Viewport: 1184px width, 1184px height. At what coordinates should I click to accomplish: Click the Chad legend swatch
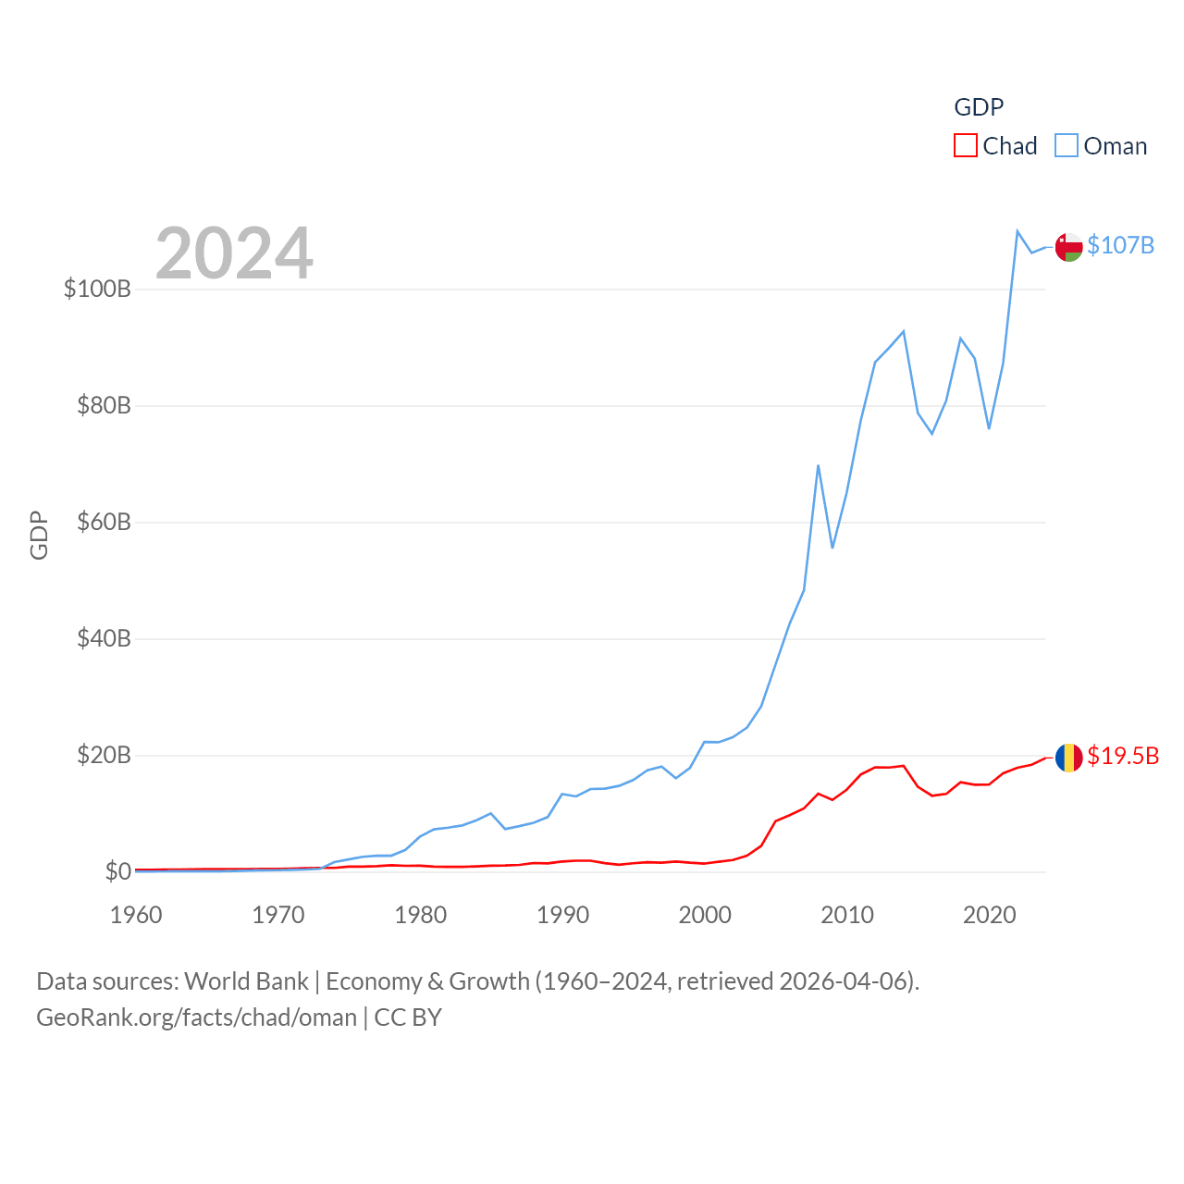[966, 146]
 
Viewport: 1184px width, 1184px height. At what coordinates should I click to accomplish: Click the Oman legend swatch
[1067, 146]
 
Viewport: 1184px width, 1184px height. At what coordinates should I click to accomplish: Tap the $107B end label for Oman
[1120, 245]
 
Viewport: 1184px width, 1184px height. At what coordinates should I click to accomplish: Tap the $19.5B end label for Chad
[1122, 756]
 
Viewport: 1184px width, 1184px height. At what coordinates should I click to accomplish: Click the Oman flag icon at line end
[1068, 247]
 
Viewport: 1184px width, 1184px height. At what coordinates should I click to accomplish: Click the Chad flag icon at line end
[1068, 758]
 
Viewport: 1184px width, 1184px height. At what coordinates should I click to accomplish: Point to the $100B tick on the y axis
[97, 289]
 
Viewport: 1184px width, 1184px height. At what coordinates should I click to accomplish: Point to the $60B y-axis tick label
[104, 522]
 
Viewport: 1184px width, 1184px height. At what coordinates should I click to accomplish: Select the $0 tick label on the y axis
[117, 871]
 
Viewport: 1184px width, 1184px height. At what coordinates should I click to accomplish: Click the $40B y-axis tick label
[104, 638]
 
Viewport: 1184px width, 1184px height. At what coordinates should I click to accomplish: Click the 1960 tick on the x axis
[136, 915]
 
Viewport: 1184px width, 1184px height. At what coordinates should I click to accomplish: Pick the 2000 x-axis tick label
[705, 915]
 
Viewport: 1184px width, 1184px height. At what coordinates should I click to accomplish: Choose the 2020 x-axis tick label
[989, 915]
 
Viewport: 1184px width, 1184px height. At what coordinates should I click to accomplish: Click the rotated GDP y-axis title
[39, 535]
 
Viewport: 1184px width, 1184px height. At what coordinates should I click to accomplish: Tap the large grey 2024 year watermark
[234, 253]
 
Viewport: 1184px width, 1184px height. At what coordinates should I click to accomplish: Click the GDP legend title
[979, 107]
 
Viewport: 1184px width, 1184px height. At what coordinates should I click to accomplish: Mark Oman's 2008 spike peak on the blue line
[818, 465]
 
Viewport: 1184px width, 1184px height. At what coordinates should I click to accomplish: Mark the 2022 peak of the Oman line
[1017, 231]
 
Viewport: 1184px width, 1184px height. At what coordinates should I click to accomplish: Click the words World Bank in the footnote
[246, 980]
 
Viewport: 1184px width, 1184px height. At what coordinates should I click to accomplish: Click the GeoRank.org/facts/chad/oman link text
[196, 1017]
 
